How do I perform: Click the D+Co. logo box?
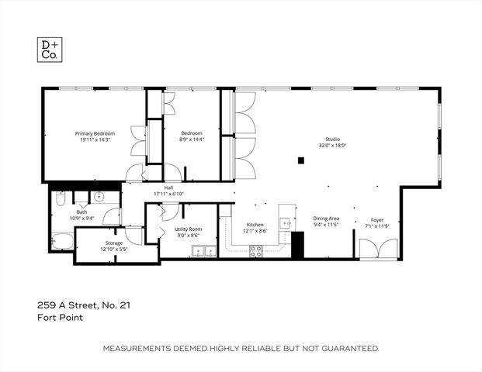[50, 50]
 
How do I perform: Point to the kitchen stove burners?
[255, 250]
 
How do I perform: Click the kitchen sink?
[286, 222]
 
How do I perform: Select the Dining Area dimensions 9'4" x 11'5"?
[326, 226]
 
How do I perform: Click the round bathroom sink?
[99, 196]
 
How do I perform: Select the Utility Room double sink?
[204, 250]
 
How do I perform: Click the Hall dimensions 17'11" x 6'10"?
[168, 194]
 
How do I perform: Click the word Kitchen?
[256, 225]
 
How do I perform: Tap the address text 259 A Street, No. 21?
[84, 305]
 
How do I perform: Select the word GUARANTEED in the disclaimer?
[349, 349]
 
